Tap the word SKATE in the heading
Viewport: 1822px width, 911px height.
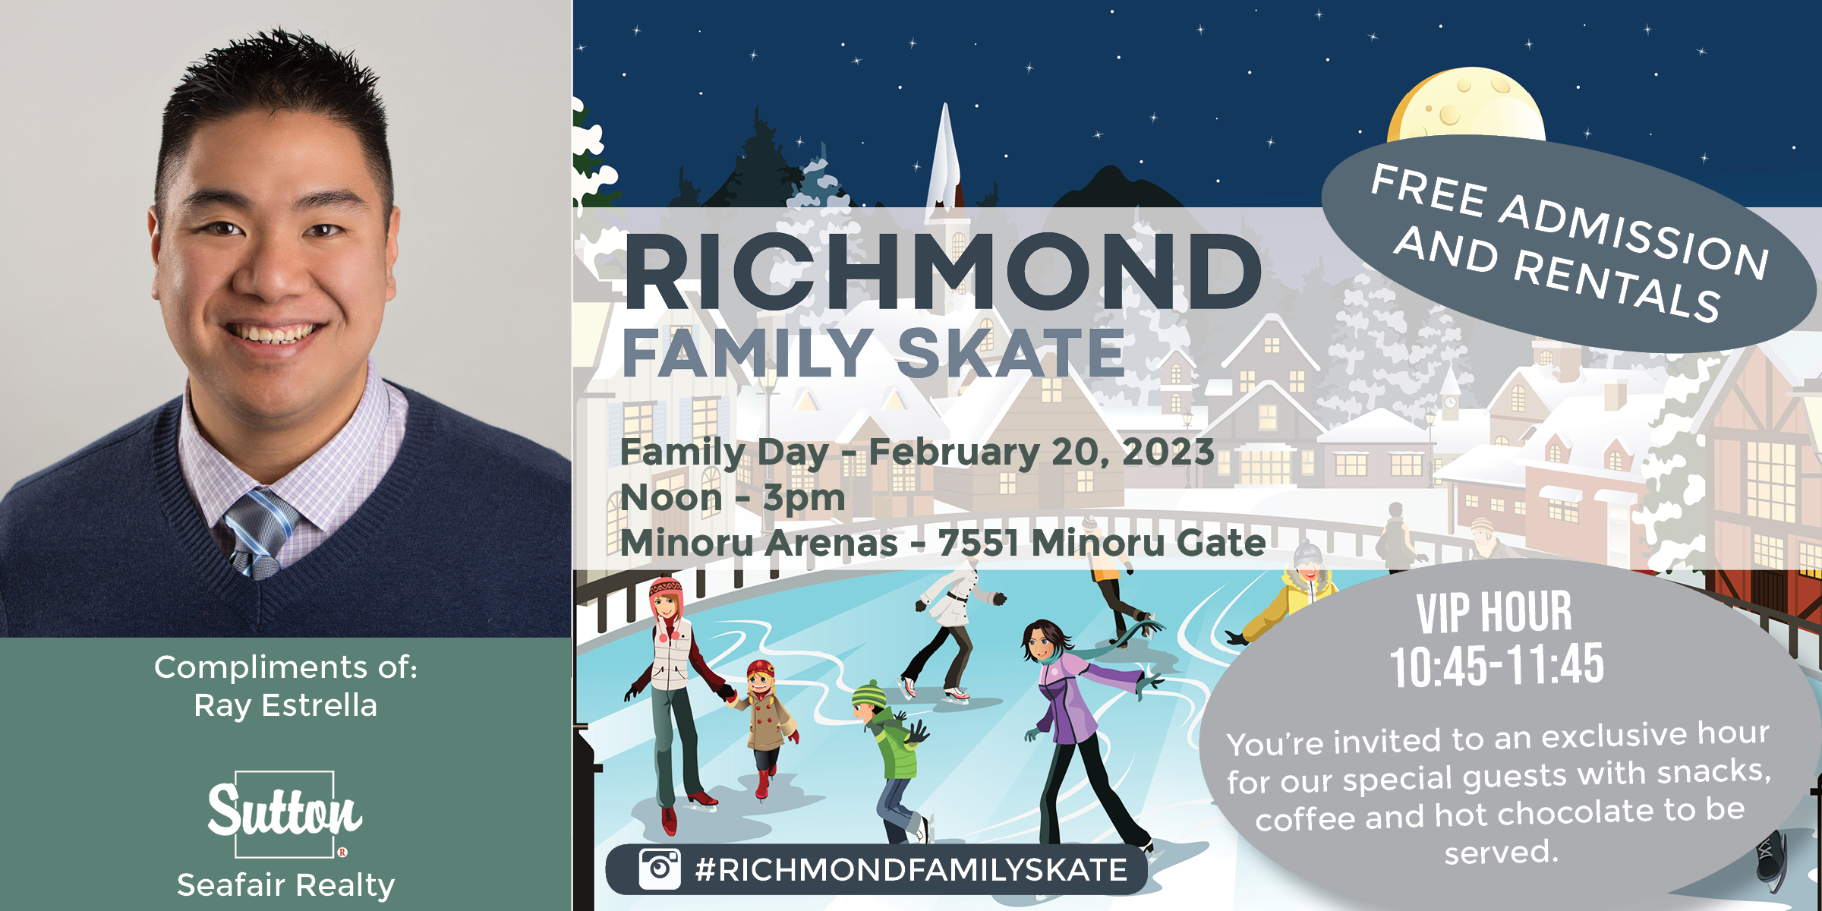tap(1010, 353)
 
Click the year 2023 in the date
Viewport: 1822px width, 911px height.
tap(1168, 452)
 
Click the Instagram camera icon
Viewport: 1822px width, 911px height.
tap(659, 868)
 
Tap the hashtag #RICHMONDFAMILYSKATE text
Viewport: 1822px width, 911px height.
tap(911, 869)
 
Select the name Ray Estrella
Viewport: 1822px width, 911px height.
tap(285, 705)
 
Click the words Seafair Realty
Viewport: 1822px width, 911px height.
tap(285, 885)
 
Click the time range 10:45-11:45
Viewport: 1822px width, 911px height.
tap(1497, 665)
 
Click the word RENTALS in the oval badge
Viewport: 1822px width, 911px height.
tap(1617, 285)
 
